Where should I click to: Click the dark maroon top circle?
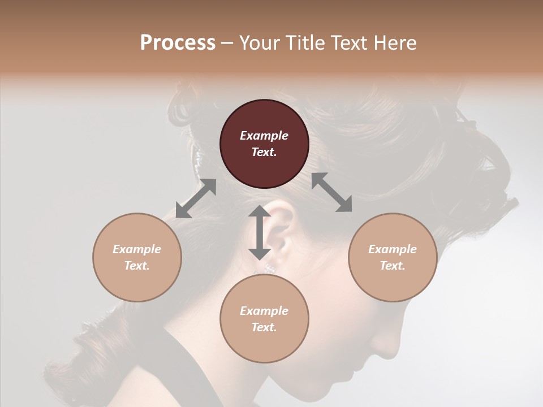tap(264, 144)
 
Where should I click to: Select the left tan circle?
tap(137, 257)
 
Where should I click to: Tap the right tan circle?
tap(393, 257)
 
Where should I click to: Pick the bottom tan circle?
tap(264, 319)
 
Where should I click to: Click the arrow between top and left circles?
tap(196, 198)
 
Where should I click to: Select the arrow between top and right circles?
tap(332, 192)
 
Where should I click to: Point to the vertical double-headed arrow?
tap(260, 232)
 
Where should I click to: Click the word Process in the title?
tap(178, 42)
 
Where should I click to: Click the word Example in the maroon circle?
tap(264, 136)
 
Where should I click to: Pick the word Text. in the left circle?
tap(137, 266)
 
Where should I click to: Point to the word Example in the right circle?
tap(393, 249)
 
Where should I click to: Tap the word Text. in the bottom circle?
tap(264, 327)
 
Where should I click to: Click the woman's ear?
tap(283, 229)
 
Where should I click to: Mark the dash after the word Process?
tap(227, 43)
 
